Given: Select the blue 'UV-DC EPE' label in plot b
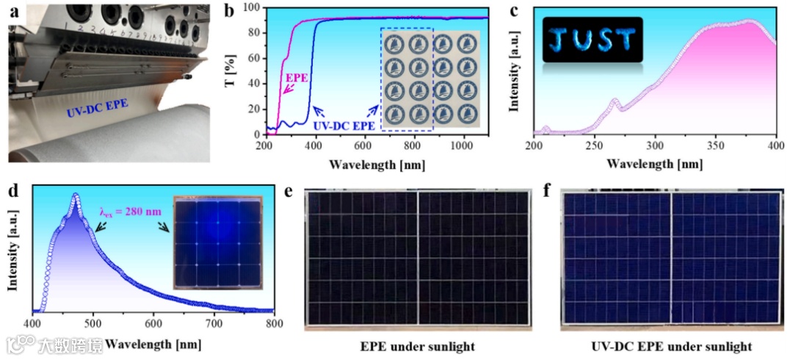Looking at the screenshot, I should [x=344, y=126].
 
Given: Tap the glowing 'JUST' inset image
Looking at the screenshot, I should [x=593, y=40].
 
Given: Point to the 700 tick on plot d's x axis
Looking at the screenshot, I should [x=213, y=324].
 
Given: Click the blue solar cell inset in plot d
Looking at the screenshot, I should [x=218, y=244].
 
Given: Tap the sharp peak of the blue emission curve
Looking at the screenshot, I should [x=76, y=195].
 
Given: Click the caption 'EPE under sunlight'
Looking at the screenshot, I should [x=416, y=346].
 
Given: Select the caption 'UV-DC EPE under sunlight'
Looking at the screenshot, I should [x=671, y=346].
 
